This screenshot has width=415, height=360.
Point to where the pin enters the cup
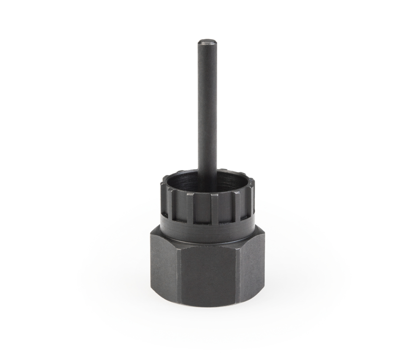coord(207,172)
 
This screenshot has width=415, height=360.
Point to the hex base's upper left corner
coord(150,236)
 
